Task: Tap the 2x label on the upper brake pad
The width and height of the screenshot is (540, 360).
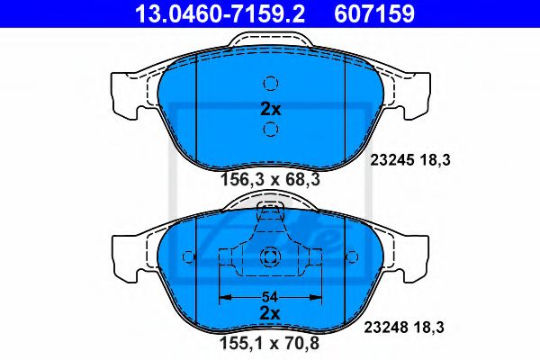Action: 271,108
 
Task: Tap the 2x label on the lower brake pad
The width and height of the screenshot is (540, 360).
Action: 271,312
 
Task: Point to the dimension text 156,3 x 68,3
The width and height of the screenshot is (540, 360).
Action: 271,179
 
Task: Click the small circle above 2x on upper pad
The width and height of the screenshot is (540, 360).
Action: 270,84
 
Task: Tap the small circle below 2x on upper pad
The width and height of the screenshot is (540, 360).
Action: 270,130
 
